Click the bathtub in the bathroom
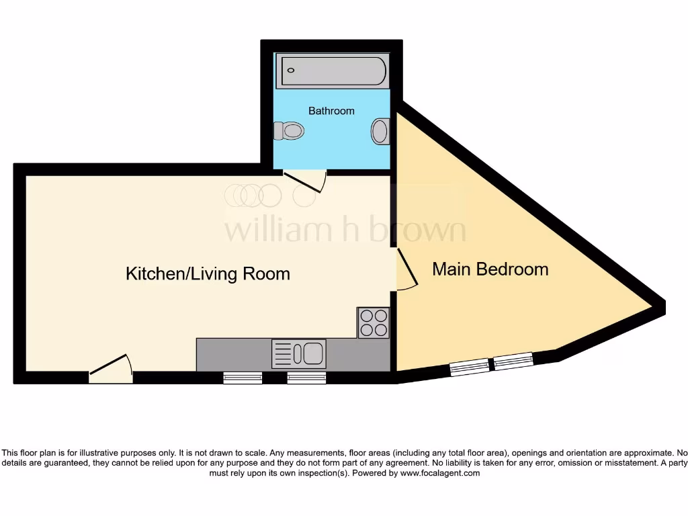pyautogui.click(x=334, y=71)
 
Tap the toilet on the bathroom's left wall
pyautogui.click(x=290, y=130)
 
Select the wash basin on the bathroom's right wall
pyautogui.click(x=380, y=131)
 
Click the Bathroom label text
pyautogui.click(x=331, y=111)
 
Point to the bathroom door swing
pyautogui.click(x=306, y=180)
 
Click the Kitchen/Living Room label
pyautogui.click(x=208, y=273)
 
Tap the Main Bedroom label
pyautogui.click(x=490, y=269)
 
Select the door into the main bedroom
pyautogui.click(x=405, y=270)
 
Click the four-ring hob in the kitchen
pyautogui.click(x=374, y=322)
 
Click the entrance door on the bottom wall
pyautogui.click(x=110, y=370)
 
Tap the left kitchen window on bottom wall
pyautogui.click(x=243, y=378)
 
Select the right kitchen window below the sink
pyautogui.click(x=306, y=378)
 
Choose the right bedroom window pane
pyautogui.click(x=513, y=361)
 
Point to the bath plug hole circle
pyautogui.click(x=291, y=70)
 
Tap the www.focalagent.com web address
pyautogui.click(x=440, y=473)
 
